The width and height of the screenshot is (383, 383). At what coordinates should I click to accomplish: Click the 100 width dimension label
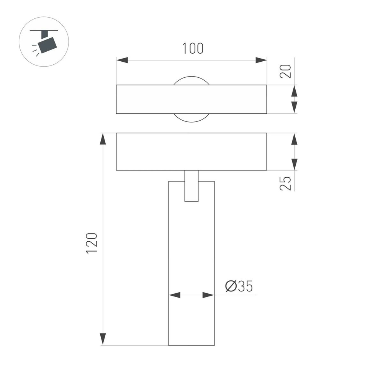pyautogui.click(x=193, y=49)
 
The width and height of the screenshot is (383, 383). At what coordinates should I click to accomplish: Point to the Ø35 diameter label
pyautogui.click(x=239, y=286)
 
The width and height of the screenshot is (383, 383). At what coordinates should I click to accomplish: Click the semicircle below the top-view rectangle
pyautogui.click(x=191, y=118)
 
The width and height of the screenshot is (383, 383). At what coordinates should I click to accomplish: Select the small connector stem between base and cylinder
pyautogui.click(x=191, y=186)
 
